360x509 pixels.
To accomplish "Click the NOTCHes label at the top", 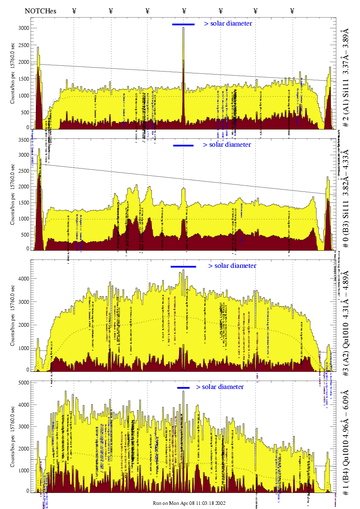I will pyautogui.click(x=40, y=11).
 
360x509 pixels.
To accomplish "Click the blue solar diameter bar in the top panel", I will pyautogui.click(x=183, y=24).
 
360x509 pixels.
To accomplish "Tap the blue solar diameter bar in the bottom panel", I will pyautogui.click(x=183, y=388).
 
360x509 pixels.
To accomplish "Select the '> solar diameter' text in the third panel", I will pyautogui.click(x=232, y=266).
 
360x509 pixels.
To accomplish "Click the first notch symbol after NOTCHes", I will pyautogui.click(x=74, y=11).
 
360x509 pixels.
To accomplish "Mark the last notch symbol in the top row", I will pyautogui.click(x=292, y=11).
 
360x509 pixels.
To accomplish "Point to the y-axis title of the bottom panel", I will pyautogui.click(x=13, y=436).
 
